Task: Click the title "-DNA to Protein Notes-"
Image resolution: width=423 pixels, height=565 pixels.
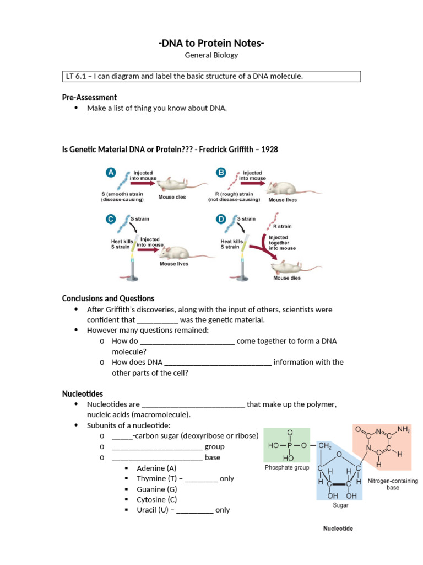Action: (x=211, y=44)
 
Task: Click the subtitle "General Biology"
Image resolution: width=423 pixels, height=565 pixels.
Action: (x=211, y=56)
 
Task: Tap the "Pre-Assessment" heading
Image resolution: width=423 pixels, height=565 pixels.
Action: (x=89, y=98)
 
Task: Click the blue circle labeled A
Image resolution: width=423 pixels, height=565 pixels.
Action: (x=110, y=173)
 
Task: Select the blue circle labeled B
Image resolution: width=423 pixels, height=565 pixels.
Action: (x=221, y=173)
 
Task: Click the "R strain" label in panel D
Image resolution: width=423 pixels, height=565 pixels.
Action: (x=282, y=226)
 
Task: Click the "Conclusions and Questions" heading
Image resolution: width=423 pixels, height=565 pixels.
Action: (x=108, y=299)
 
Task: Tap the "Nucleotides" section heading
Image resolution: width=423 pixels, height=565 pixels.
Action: (x=83, y=393)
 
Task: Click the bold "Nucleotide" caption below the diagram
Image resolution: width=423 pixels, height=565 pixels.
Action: (x=338, y=529)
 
